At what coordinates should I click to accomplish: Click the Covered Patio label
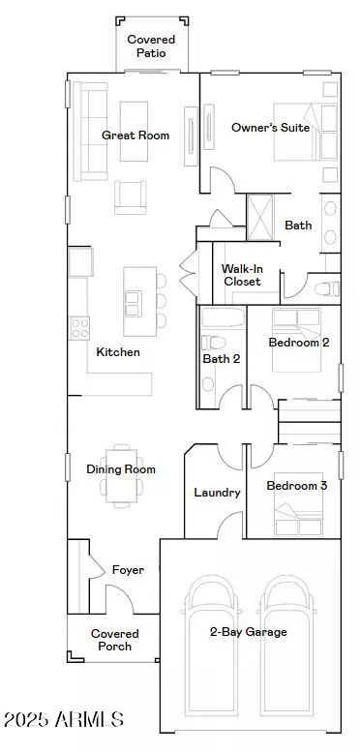[151, 46]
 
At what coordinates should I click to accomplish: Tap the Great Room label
[135, 136]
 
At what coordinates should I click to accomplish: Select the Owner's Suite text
[270, 128]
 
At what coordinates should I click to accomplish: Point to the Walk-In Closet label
[242, 275]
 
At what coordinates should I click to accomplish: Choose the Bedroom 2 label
[298, 343]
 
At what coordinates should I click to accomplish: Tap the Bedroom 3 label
[297, 486]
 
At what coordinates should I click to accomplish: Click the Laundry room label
[217, 493]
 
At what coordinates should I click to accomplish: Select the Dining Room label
[121, 469]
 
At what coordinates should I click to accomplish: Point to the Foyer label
[128, 570]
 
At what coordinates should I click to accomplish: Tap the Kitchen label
[118, 352]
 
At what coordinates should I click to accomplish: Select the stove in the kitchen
[79, 328]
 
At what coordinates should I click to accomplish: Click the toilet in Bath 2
[213, 343]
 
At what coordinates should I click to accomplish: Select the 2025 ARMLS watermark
[63, 720]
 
